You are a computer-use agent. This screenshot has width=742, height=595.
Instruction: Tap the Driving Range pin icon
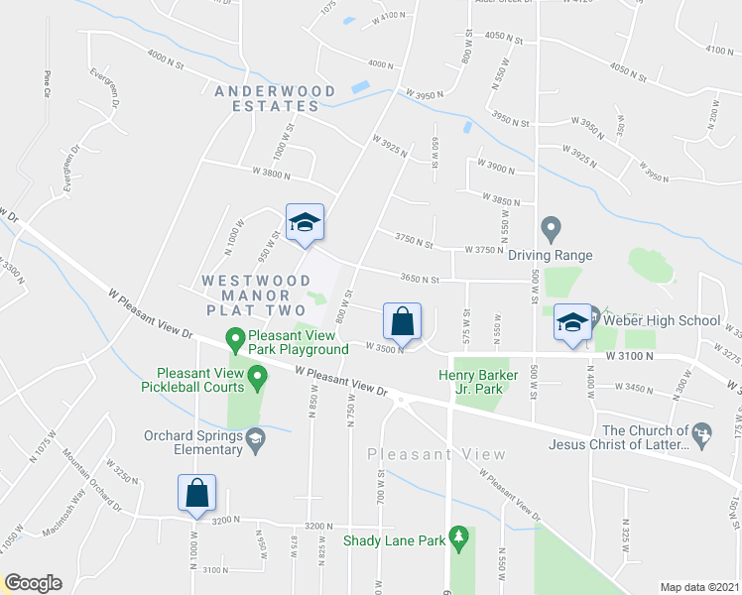coord(552,229)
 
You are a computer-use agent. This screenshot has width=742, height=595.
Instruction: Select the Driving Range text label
coord(551,255)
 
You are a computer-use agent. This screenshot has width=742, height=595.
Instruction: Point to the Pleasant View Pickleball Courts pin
coord(258,377)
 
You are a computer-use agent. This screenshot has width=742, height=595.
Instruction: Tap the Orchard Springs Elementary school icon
coord(255,440)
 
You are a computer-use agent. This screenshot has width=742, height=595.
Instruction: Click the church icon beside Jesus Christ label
coord(703,433)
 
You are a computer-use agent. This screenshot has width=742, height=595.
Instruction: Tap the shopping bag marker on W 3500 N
coord(402,321)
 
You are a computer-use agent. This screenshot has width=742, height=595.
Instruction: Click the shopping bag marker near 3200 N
coord(196,492)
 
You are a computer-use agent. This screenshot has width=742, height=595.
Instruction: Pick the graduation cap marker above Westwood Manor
coord(305,222)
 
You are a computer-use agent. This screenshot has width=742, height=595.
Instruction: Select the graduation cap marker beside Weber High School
coord(572,322)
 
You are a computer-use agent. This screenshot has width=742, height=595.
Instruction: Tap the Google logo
coord(33,583)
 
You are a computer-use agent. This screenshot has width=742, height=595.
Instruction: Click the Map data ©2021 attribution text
coord(699,587)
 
